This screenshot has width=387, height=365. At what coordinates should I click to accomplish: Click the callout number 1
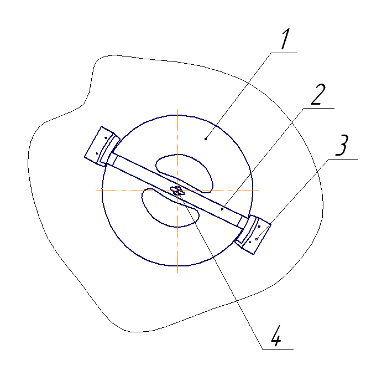[285, 39]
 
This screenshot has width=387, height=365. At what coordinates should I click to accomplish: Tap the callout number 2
[318, 95]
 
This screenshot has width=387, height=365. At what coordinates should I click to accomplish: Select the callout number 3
[341, 146]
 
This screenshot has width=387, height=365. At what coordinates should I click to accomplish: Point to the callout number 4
[276, 336]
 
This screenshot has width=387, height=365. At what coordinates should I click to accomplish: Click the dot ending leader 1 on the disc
[206, 139]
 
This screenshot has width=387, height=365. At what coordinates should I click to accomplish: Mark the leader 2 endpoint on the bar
[222, 209]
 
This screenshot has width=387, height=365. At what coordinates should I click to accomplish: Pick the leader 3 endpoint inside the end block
[257, 239]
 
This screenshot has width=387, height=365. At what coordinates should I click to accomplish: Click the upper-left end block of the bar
[101, 146]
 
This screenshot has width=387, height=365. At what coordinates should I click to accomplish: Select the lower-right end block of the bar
[253, 234]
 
